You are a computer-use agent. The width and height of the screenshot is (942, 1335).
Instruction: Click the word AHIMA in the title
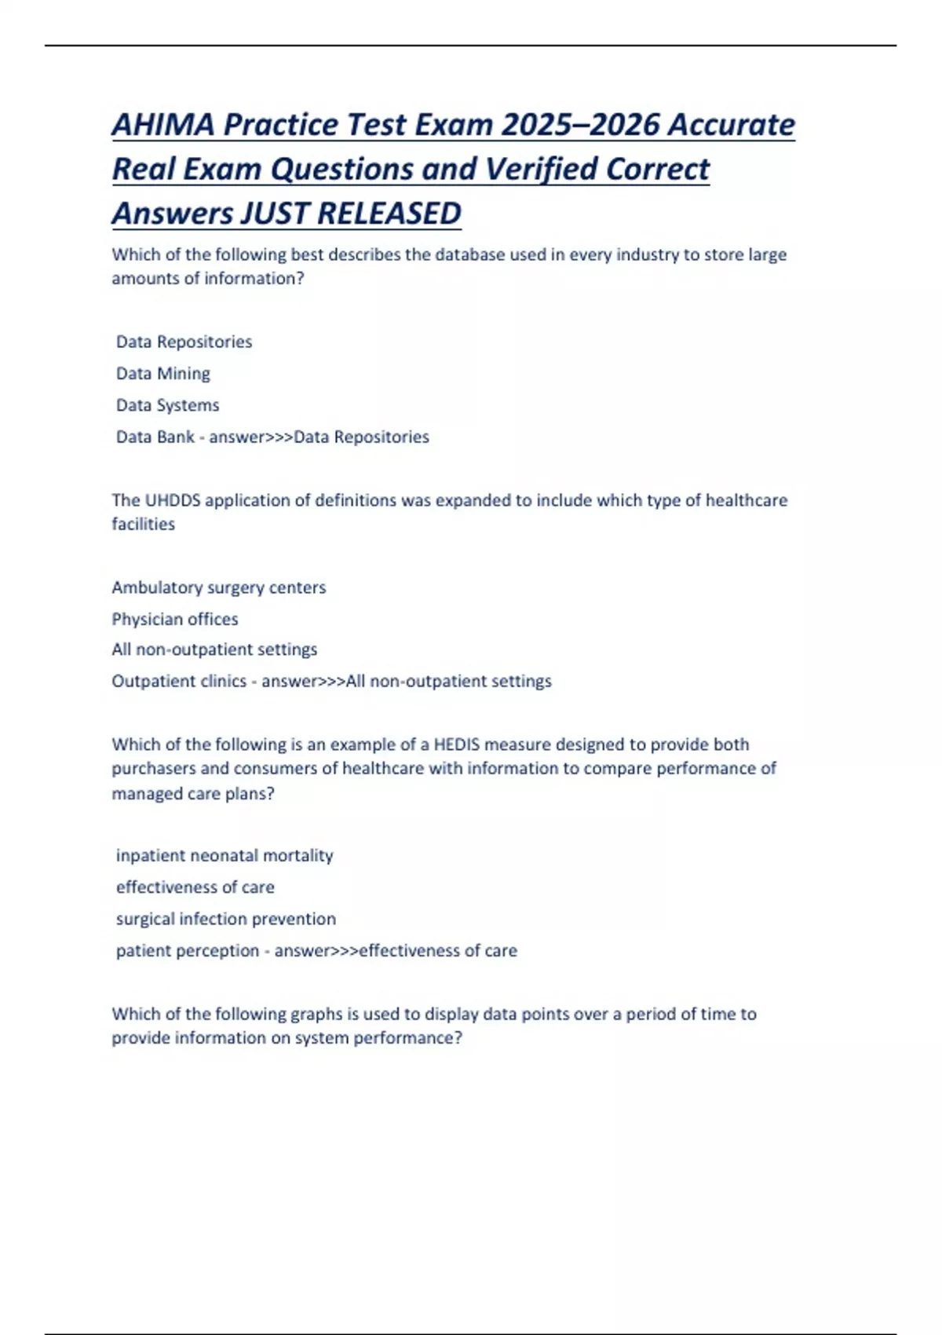point(163,125)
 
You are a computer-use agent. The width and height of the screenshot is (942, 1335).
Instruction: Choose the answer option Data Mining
point(163,374)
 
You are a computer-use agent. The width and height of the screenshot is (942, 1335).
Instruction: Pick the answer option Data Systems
point(168,405)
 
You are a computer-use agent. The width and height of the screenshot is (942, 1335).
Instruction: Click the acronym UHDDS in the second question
point(172,500)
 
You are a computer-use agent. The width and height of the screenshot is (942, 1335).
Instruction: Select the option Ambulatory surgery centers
point(218,587)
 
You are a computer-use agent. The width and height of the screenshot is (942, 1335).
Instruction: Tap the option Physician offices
point(174,619)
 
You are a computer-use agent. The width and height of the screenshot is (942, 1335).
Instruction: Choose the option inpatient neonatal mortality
point(225,855)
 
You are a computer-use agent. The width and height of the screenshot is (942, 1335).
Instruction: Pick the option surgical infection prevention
point(226,919)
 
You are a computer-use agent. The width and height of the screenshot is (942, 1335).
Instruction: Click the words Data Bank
point(155,437)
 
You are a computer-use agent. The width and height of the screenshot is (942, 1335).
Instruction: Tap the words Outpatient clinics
point(179,681)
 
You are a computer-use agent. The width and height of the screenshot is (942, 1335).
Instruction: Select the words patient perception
point(188,950)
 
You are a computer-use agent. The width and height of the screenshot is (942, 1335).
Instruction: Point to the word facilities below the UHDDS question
point(143,524)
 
